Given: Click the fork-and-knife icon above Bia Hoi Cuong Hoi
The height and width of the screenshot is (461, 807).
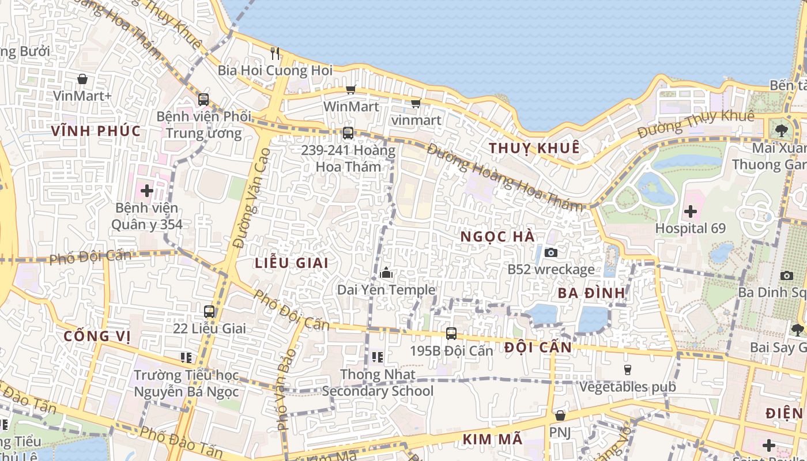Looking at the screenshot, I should click(x=275, y=54).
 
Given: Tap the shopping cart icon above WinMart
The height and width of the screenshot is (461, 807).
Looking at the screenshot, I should click(x=350, y=89).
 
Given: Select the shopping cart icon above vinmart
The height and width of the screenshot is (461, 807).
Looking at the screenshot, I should click(x=416, y=103).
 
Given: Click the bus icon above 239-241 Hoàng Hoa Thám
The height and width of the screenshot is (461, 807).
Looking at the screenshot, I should click(x=348, y=133).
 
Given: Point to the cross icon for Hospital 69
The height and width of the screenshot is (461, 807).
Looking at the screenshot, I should click(x=690, y=211).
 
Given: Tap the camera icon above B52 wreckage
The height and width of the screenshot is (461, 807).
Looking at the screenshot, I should click(x=551, y=252).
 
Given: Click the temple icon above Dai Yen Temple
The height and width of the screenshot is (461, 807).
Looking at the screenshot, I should click(x=386, y=273).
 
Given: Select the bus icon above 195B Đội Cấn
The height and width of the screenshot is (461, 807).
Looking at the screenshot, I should click(x=451, y=334).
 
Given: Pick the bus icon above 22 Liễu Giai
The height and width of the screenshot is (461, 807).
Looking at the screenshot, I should click(x=209, y=312).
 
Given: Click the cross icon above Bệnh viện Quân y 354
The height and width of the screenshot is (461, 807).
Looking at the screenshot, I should click(x=147, y=190).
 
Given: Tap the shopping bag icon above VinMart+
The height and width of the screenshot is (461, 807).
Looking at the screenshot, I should click(x=82, y=79).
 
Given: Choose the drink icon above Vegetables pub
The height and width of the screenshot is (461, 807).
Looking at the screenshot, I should click(x=628, y=369).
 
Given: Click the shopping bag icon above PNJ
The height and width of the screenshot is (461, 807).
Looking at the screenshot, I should click(x=560, y=415).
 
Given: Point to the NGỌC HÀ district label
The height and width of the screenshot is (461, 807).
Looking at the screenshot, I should click(x=497, y=237).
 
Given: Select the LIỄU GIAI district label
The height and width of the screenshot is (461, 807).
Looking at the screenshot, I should click(x=292, y=263).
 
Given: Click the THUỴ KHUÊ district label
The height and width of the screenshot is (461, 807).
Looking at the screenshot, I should click(x=534, y=148).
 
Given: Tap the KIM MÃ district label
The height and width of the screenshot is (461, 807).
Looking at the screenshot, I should click(x=492, y=440).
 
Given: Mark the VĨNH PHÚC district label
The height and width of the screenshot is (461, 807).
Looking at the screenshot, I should click(x=96, y=131).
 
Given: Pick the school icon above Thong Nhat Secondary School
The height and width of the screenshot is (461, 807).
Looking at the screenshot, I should click(x=378, y=358).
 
